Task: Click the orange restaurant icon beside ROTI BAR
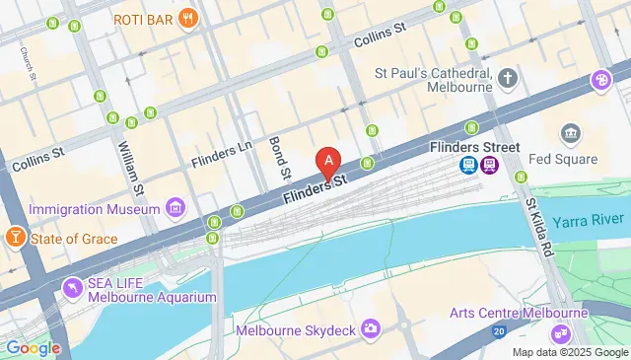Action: pyautogui.click(x=185, y=20)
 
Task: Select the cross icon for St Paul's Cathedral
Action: pyautogui.click(x=508, y=78)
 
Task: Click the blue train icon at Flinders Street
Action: pyautogui.click(x=470, y=166)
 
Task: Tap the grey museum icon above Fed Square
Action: pyautogui.click(x=569, y=133)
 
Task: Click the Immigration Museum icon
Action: pyautogui.click(x=175, y=208)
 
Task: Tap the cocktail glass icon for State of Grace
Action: pyautogui.click(x=16, y=238)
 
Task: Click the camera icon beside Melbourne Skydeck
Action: pyautogui.click(x=371, y=326)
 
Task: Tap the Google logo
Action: pyautogui.click(x=33, y=347)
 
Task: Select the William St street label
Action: pyautogui.click(x=131, y=168)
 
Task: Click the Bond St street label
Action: pyautogui.click(x=278, y=157)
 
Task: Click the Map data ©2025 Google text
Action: pyautogui.click(x=569, y=352)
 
